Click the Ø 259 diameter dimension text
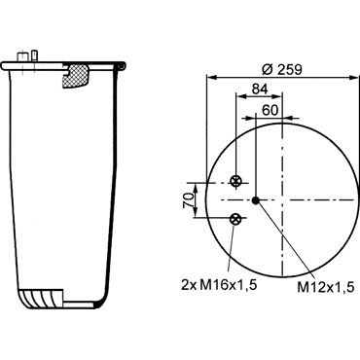point(281,69)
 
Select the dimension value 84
point(260,89)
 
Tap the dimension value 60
point(270,110)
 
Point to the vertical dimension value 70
point(188,200)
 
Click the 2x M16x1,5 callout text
point(219,285)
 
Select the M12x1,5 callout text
point(325,287)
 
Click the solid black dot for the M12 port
point(256,200)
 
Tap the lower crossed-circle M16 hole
point(234,219)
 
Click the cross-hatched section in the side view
point(76,76)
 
